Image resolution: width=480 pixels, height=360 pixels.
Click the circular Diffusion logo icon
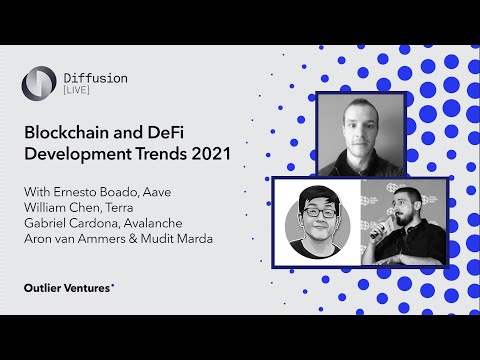[x=40, y=82]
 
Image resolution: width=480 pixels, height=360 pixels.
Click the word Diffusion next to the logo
[x=93, y=75]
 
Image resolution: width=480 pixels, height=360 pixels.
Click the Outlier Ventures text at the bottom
[x=68, y=287]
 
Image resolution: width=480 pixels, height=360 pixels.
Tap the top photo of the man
[x=359, y=133]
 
